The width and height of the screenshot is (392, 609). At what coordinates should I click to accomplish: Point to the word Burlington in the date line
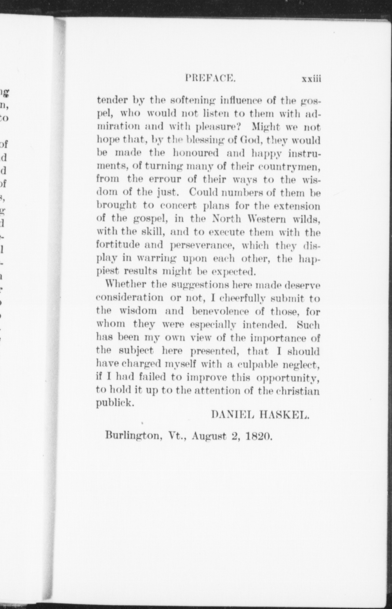tap(133, 435)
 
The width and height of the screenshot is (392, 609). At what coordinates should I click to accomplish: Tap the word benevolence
tap(220, 311)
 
